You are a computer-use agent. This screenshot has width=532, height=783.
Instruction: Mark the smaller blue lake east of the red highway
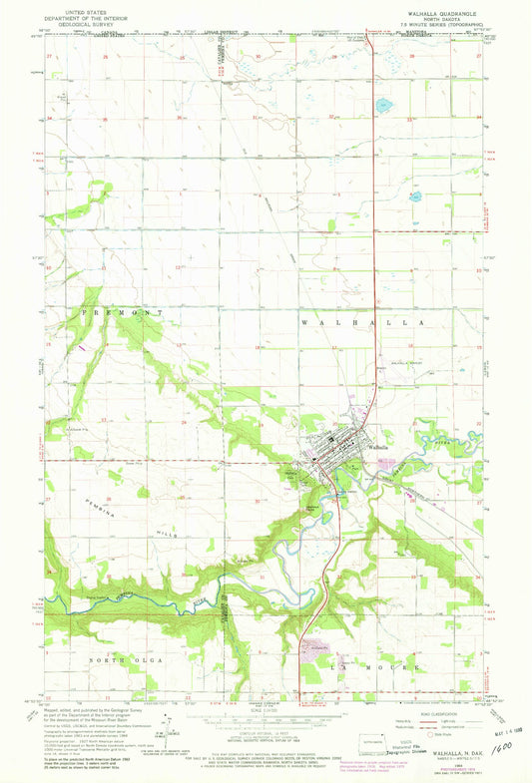coord(414,196)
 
